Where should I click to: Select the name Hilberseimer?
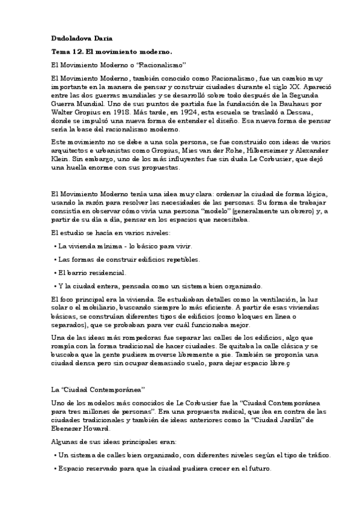click(267, 148)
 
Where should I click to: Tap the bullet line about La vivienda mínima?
click(108, 246)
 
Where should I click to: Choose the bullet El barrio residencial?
click(92, 272)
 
